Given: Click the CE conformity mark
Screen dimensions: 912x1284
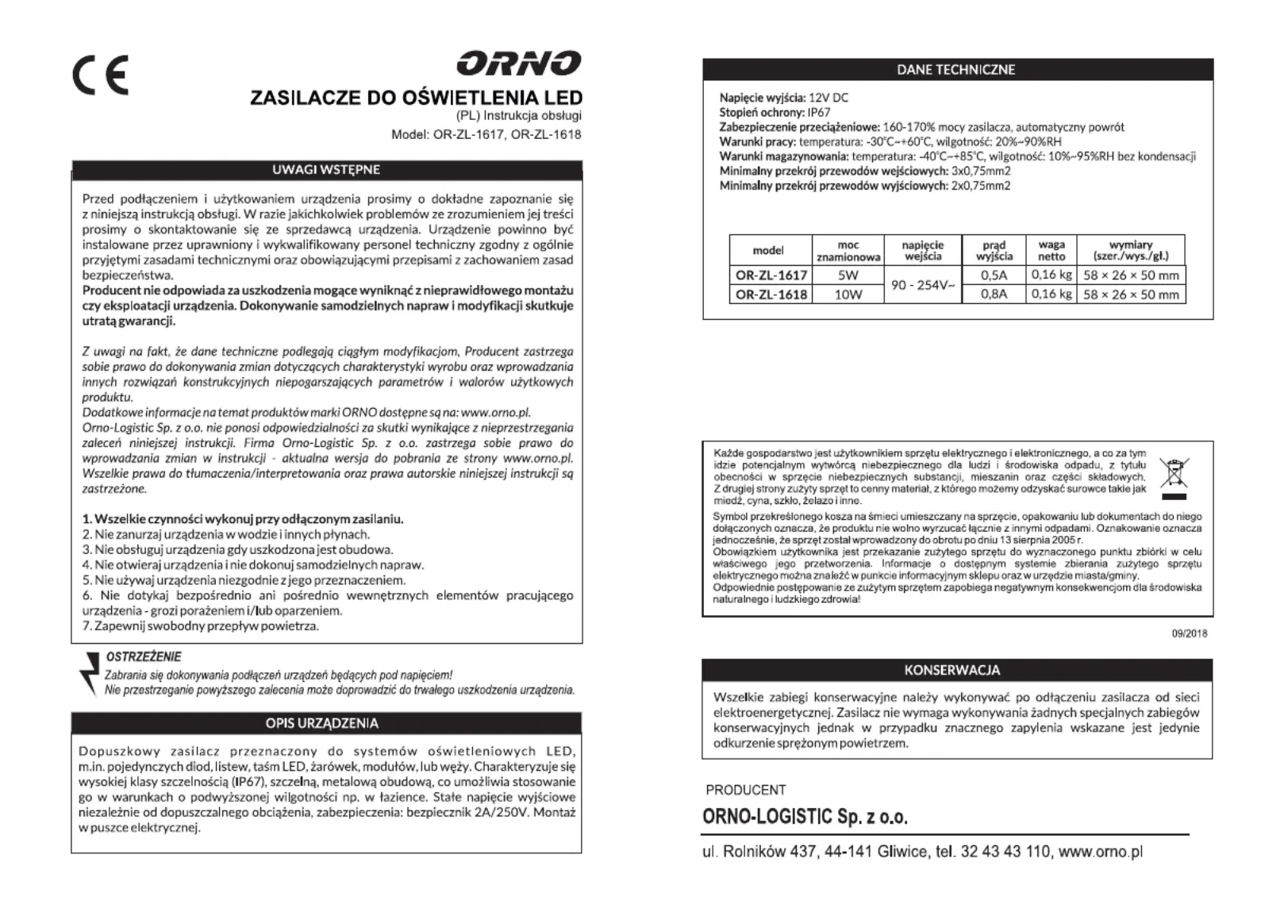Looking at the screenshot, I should coord(100,76).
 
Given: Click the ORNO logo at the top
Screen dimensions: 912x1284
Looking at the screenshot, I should coord(518,63).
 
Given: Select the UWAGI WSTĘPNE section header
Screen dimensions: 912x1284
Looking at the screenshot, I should coord(326,170).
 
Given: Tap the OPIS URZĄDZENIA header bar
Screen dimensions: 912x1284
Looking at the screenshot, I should coord(326,723).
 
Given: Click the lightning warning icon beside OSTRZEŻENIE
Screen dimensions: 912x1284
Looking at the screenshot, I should coord(89,671).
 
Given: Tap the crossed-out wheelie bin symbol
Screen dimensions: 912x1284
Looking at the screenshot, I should coord(1174,476).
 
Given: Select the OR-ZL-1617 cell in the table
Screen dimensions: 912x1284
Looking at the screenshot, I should coord(771,275).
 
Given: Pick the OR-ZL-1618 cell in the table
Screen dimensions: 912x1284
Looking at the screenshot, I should coord(771,294).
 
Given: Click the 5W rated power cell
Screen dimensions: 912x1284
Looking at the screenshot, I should coord(848,275).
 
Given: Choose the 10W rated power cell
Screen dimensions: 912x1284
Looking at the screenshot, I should coord(848,294).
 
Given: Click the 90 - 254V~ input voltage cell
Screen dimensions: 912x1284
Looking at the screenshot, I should coord(923,285).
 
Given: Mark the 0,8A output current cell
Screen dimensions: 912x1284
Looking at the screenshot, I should coord(994,294).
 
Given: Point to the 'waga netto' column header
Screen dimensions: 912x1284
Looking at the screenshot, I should coord(1051,250).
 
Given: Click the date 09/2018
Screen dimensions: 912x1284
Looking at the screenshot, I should coord(1190,633).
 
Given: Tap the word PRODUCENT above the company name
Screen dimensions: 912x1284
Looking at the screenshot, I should coord(745,790).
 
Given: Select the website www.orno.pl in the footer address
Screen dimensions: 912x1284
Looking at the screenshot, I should coord(1101,852).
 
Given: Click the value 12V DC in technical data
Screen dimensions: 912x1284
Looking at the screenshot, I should coord(828,98).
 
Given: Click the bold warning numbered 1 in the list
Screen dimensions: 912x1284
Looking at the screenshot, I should coord(243,519).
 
